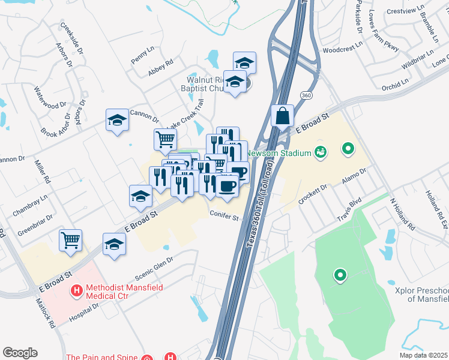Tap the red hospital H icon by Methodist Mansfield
click(77, 292)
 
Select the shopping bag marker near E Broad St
click(282, 115)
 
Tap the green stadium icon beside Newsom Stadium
click(320, 152)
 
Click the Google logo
click(20, 353)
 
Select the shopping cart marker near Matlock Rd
click(70, 240)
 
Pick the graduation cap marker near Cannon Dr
click(118, 119)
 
